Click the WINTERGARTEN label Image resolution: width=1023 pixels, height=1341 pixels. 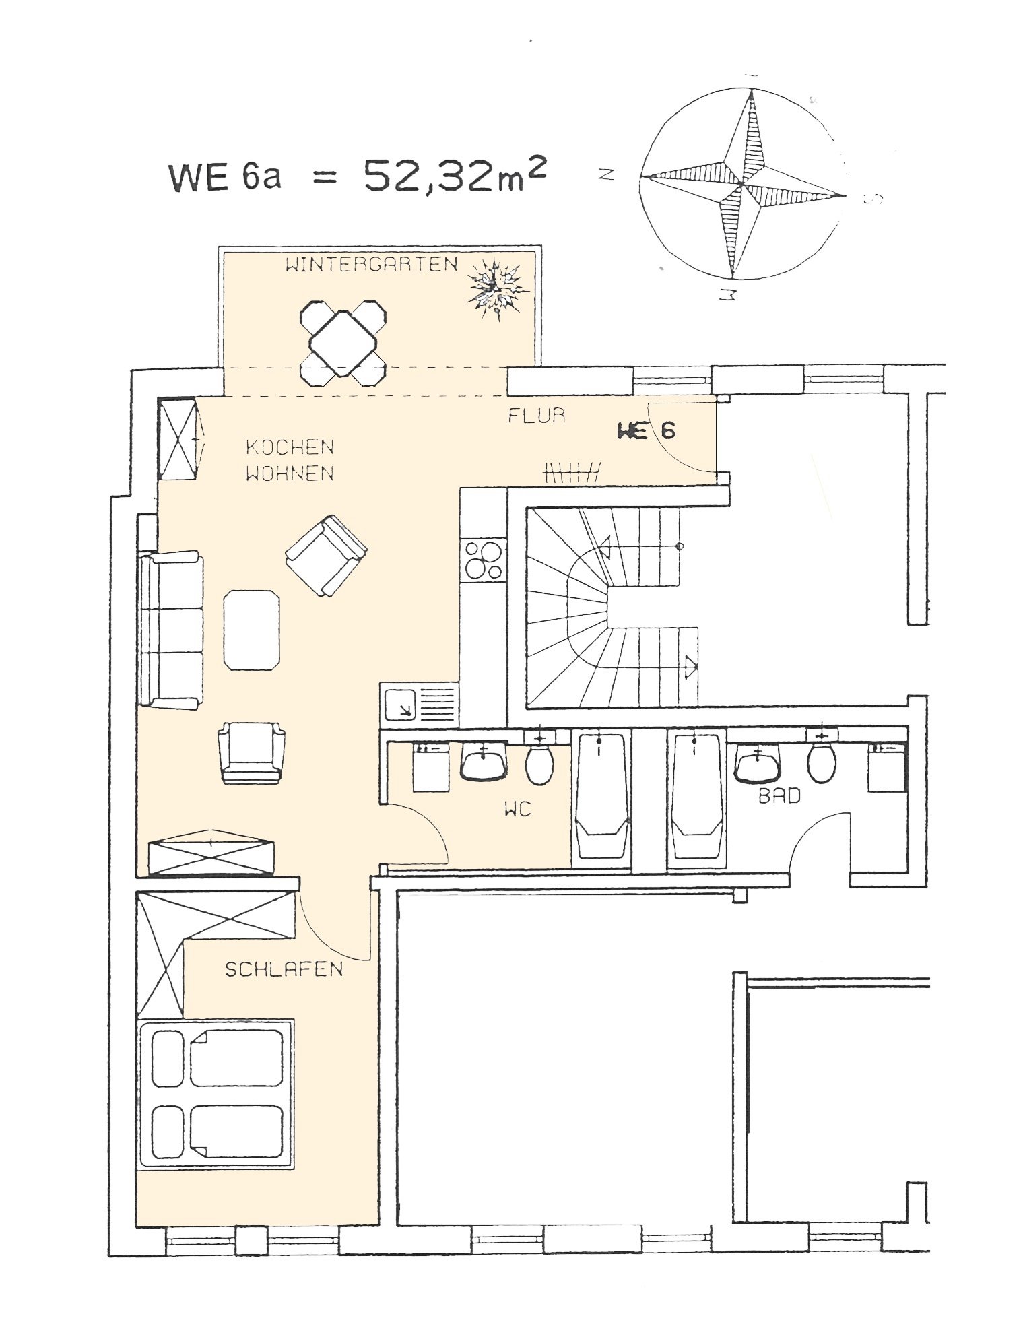point(371,265)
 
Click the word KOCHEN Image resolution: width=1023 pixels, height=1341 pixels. point(290,447)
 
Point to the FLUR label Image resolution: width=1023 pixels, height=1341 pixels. point(537,416)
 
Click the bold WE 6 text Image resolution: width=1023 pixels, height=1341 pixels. point(646,430)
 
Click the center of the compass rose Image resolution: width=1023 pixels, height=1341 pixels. point(741,182)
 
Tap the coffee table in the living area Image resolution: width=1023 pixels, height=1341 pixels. point(251,630)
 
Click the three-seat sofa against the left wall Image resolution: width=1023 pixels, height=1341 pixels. point(171,629)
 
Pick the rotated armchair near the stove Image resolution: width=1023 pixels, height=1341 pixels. point(327,555)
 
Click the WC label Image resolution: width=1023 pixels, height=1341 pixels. point(517,809)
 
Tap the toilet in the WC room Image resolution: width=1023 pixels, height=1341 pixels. point(539,764)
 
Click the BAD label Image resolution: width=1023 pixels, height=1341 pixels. point(779,796)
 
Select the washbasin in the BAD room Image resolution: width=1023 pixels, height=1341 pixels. point(759,765)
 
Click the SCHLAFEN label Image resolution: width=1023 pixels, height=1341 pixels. point(284,969)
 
